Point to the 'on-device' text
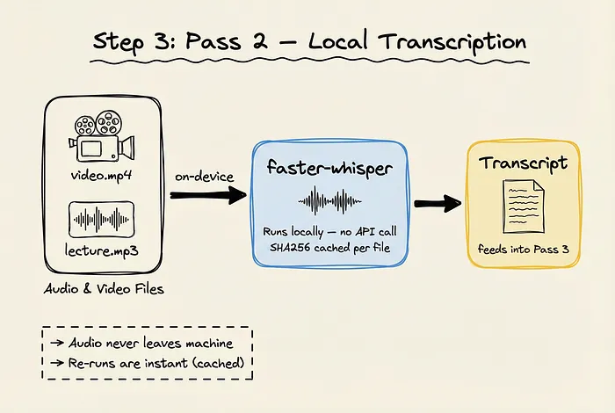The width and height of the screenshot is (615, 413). point(203,177)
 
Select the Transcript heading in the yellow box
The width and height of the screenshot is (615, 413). point(523,163)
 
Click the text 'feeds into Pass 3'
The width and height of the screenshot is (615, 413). point(523,249)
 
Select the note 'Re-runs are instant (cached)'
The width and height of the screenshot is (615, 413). point(147,362)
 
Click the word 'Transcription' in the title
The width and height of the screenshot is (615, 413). point(456,41)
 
